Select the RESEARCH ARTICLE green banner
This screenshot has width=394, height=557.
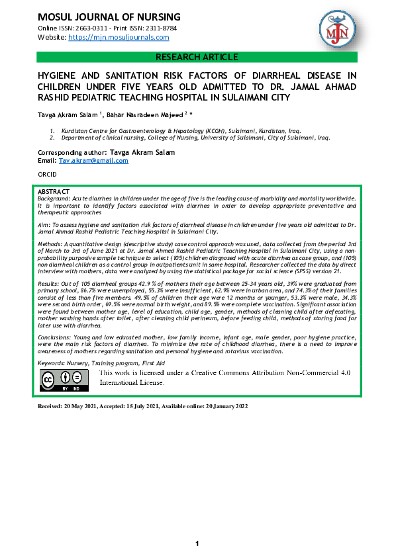197,57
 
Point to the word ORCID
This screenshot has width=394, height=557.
48,174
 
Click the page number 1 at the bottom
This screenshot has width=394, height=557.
197,544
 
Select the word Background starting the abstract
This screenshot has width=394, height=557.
52,198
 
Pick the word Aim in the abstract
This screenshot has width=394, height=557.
44,226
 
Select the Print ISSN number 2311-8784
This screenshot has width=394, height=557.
158,29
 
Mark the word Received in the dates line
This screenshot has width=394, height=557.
54,406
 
